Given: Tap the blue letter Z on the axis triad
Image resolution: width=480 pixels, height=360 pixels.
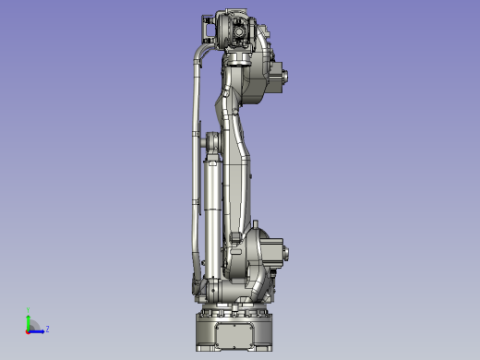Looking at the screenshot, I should point(47,328).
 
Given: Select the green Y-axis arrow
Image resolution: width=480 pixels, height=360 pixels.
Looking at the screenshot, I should point(29,321).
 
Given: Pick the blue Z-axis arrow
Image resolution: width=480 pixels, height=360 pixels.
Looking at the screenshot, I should point(38,330).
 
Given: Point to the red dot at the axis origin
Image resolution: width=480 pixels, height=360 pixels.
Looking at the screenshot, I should point(29,330).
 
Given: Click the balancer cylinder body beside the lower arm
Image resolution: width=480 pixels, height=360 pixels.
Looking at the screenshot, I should point(213,212).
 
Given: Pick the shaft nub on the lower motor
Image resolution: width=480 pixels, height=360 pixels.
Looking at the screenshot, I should point(287,254).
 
